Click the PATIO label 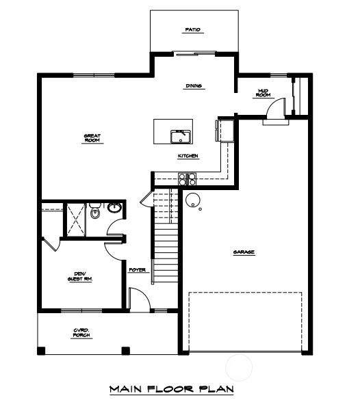[193, 30]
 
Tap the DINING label [194, 86]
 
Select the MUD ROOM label [263, 93]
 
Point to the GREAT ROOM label [92, 138]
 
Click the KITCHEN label [188, 156]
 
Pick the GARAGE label [244, 252]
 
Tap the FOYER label [138, 269]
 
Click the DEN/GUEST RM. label [80, 276]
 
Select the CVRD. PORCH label [81, 333]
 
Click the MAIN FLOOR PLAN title [172, 389]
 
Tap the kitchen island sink [181, 137]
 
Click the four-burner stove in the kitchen [188, 179]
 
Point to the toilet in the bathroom [95, 211]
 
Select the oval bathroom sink [114, 207]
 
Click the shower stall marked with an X [76, 220]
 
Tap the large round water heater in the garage [193, 200]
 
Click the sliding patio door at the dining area [194, 53]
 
